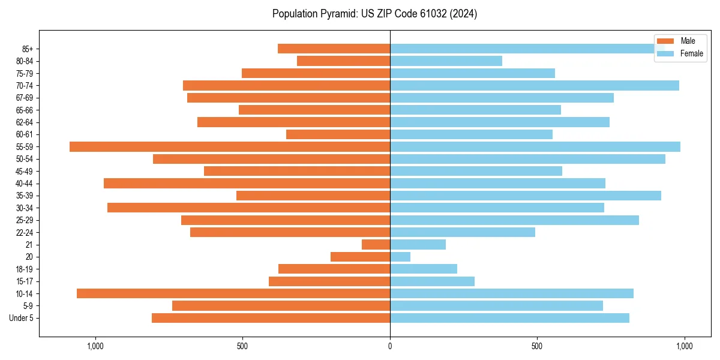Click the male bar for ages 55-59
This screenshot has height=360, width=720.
[230, 146]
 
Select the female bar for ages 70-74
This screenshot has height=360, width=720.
[534, 85]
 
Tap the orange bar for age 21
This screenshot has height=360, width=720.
[376, 244]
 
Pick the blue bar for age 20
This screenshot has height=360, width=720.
[400, 257]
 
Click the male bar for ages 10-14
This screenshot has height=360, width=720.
[233, 293]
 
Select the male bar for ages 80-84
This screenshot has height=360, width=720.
[343, 61]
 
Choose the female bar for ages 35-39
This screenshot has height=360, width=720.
[525, 196]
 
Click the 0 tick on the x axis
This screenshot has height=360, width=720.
[390, 346]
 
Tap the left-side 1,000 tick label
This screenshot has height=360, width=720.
[95, 346]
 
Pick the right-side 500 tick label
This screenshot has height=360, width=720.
[537, 346]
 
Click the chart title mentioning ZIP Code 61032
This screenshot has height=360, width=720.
[374, 14]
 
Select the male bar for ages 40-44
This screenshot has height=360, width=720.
[247, 183]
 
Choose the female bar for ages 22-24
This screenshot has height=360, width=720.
[462, 232]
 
